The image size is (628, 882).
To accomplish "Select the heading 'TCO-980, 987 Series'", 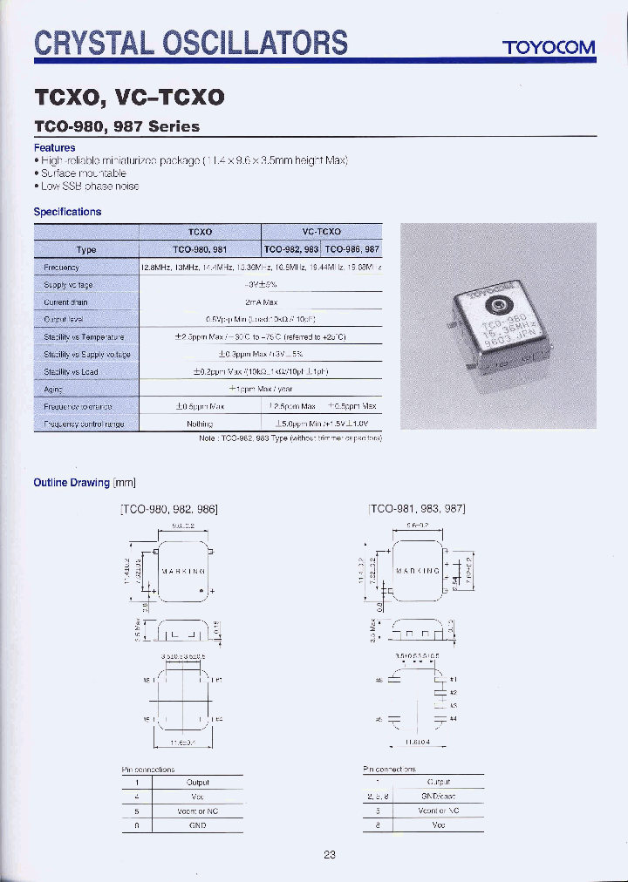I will [x=116, y=126].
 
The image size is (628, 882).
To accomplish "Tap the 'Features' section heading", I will [x=54, y=148].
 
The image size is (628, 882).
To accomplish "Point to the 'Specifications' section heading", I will [x=67, y=212].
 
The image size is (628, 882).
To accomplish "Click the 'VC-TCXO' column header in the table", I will [x=321, y=233].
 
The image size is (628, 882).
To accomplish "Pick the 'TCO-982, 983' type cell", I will [x=291, y=249].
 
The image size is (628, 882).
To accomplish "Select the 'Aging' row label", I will [x=54, y=389].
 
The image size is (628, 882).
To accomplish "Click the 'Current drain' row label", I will [x=65, y=302].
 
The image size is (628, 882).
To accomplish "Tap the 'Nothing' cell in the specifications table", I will [x=201, y=424].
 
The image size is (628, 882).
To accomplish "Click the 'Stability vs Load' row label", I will [x=71, y=371].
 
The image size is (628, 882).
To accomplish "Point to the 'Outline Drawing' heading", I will [x=72, y=482].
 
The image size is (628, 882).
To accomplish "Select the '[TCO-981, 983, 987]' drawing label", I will [x=417, y=508].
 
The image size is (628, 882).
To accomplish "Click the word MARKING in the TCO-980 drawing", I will [x=183, y=572].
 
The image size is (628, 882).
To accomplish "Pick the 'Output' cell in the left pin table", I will [x=198, y=783].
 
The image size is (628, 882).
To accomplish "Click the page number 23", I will [x=330, y=854].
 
